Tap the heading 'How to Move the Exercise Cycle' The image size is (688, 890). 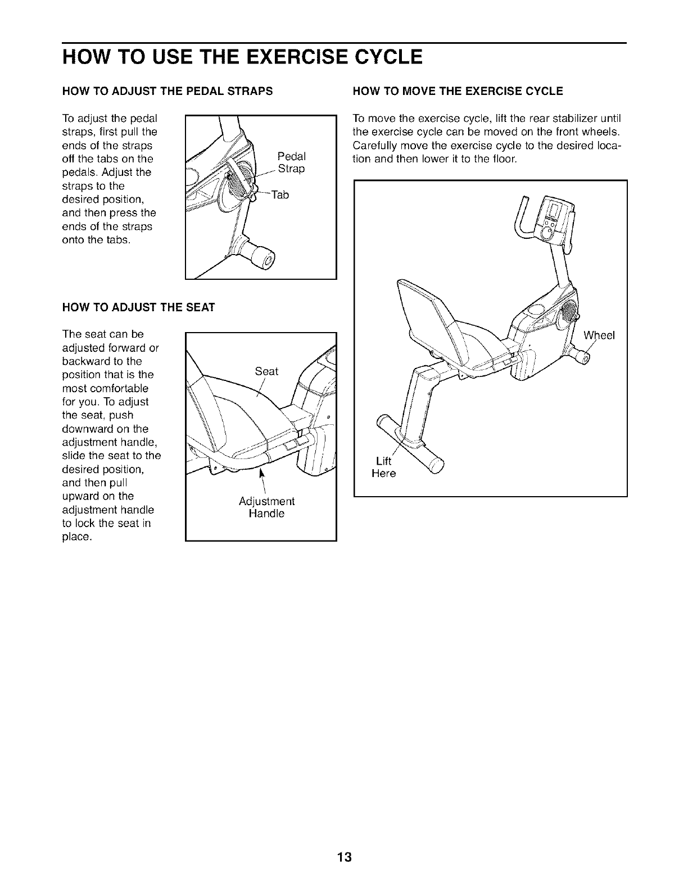pos(457,91)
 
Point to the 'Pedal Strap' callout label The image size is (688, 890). pos(292,162)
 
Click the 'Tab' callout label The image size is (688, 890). pos(279,195)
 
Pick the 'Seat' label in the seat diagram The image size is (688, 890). pos(266,371)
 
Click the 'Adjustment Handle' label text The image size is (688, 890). pos(266,507)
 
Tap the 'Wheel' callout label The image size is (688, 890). pos(599,336)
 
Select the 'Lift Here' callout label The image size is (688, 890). pos(384,467)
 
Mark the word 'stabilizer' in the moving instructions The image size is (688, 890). pos(571,119)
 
